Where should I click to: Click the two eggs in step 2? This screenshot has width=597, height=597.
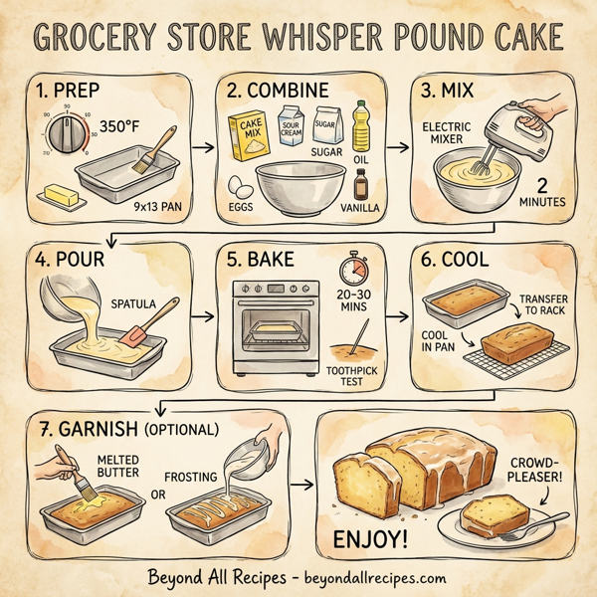coord(239,187)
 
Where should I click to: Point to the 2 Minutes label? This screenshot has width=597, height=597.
coord(541,193)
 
